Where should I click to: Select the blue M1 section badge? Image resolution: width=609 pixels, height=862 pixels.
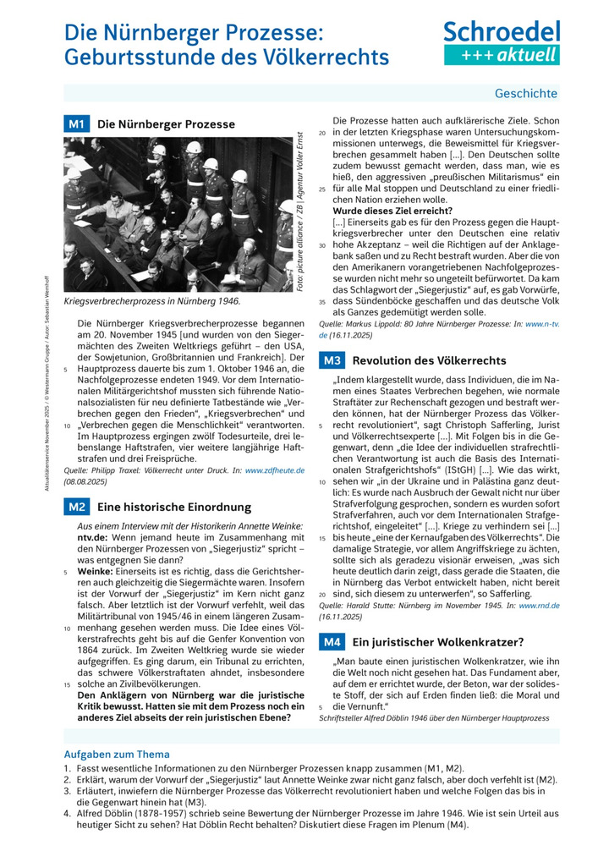[x=77, y=124]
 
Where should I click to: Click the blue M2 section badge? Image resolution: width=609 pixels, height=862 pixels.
[x=77, y=507]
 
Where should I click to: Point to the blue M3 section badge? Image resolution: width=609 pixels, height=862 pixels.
[x=332, y=360]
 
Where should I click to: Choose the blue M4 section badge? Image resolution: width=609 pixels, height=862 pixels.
[x=332, y=642]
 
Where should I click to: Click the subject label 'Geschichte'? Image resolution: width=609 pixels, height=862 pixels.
[x=525, y=93]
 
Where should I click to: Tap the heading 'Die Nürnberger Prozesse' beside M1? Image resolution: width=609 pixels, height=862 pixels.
[x=167, y=124]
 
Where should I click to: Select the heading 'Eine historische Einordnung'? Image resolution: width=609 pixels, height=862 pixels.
[x=174, y=507]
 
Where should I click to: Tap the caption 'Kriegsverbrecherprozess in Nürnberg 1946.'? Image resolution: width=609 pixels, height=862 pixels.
[x=152, y=301]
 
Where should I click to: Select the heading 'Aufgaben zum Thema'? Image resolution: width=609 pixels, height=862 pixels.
[x=117, y=754]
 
